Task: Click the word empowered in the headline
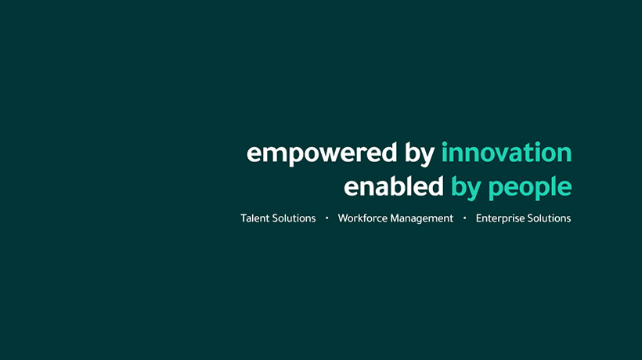[322, 154]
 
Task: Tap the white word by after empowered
[420, 154]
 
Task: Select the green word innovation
[507, 152]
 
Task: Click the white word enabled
[394, 186]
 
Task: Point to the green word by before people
[466, 188]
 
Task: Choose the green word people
[530, 188]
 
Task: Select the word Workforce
[362, 218]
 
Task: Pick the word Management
[422, 219]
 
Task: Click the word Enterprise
[500, 219]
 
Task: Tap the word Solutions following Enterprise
[549, 218]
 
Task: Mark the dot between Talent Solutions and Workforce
[326, 218]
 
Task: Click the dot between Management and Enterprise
[465, 218]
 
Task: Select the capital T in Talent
[244, 218]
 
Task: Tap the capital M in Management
[395, 218]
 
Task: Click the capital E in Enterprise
[479, 218]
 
